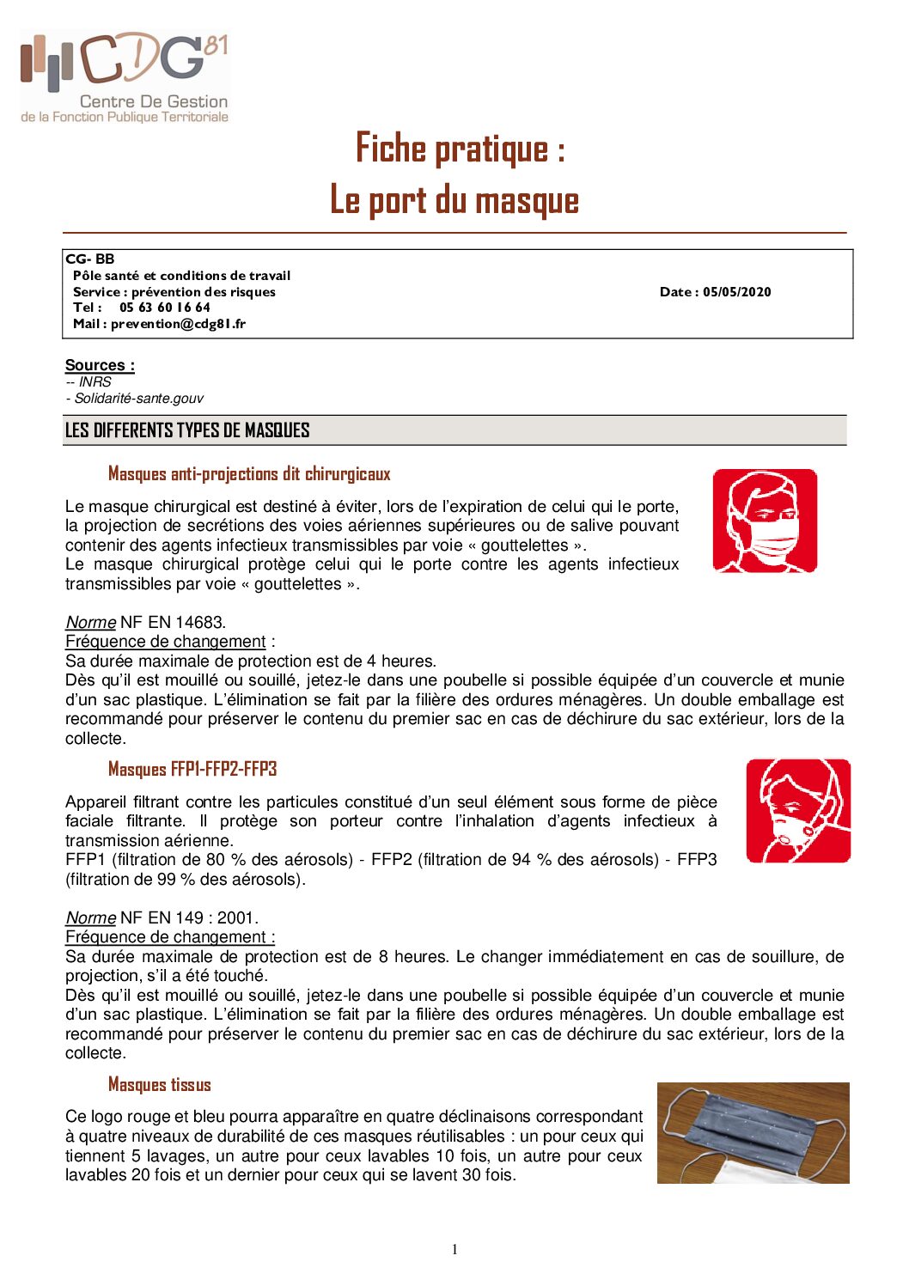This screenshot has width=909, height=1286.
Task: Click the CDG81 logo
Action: pos(125,76)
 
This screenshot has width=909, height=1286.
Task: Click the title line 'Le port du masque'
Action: pos(454,200)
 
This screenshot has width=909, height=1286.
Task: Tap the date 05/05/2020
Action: pos(736,292)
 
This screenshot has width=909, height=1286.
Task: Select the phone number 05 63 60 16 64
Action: pos(164,308)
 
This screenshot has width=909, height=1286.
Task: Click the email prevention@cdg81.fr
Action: pos(178,324)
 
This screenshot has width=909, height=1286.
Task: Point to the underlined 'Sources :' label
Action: pos(100,365)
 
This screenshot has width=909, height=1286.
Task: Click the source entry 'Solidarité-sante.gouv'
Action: pos(138,399)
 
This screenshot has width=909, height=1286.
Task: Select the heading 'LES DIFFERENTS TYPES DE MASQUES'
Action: pos(187,430)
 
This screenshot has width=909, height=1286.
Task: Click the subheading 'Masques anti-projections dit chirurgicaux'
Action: pos(249,474)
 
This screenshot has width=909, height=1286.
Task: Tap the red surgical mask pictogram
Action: pos(765,521)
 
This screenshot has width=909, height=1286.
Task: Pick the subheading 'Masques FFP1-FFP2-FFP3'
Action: pos(192,769)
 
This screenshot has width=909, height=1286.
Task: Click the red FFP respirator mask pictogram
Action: pos(798,811)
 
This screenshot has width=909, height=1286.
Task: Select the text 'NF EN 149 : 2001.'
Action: pos(189,917)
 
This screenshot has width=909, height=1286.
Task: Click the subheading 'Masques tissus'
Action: pos(159,1085)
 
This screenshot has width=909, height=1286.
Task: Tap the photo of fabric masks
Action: pos(753,1132)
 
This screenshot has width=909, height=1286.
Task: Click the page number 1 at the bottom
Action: pos(454,1250)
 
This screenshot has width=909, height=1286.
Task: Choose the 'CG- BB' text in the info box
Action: pos(89,259)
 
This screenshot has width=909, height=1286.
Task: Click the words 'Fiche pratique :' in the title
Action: pos(461,149)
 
